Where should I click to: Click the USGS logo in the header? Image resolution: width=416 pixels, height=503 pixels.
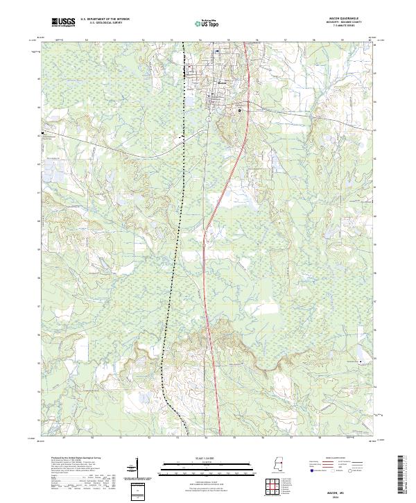[63, 23]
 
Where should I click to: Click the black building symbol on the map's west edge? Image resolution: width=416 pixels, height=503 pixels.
[43, 131]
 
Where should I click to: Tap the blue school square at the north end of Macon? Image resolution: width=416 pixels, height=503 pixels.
[216, 51]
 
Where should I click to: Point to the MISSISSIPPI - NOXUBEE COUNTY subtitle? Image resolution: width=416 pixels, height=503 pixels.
[347, 23]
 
